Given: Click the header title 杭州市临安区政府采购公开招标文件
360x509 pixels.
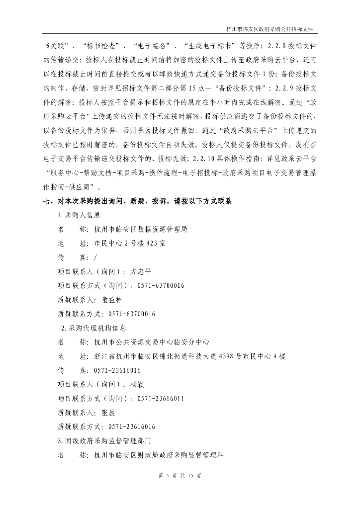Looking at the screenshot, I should click(271, 29).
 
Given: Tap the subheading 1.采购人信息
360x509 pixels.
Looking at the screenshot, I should click(80, 216).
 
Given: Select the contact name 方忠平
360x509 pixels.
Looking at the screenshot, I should click(141, 272).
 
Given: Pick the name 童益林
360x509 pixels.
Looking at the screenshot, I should click(112, 300).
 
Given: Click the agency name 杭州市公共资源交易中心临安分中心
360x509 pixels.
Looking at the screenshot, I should click(152, 343).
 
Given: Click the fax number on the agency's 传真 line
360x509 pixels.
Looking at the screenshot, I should click(114, 371).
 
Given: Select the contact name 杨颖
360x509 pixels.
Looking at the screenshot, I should click(137, 385).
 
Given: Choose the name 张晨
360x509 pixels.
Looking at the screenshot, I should click(108, 413).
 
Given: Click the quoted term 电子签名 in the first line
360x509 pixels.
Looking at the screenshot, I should click(153, 46).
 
